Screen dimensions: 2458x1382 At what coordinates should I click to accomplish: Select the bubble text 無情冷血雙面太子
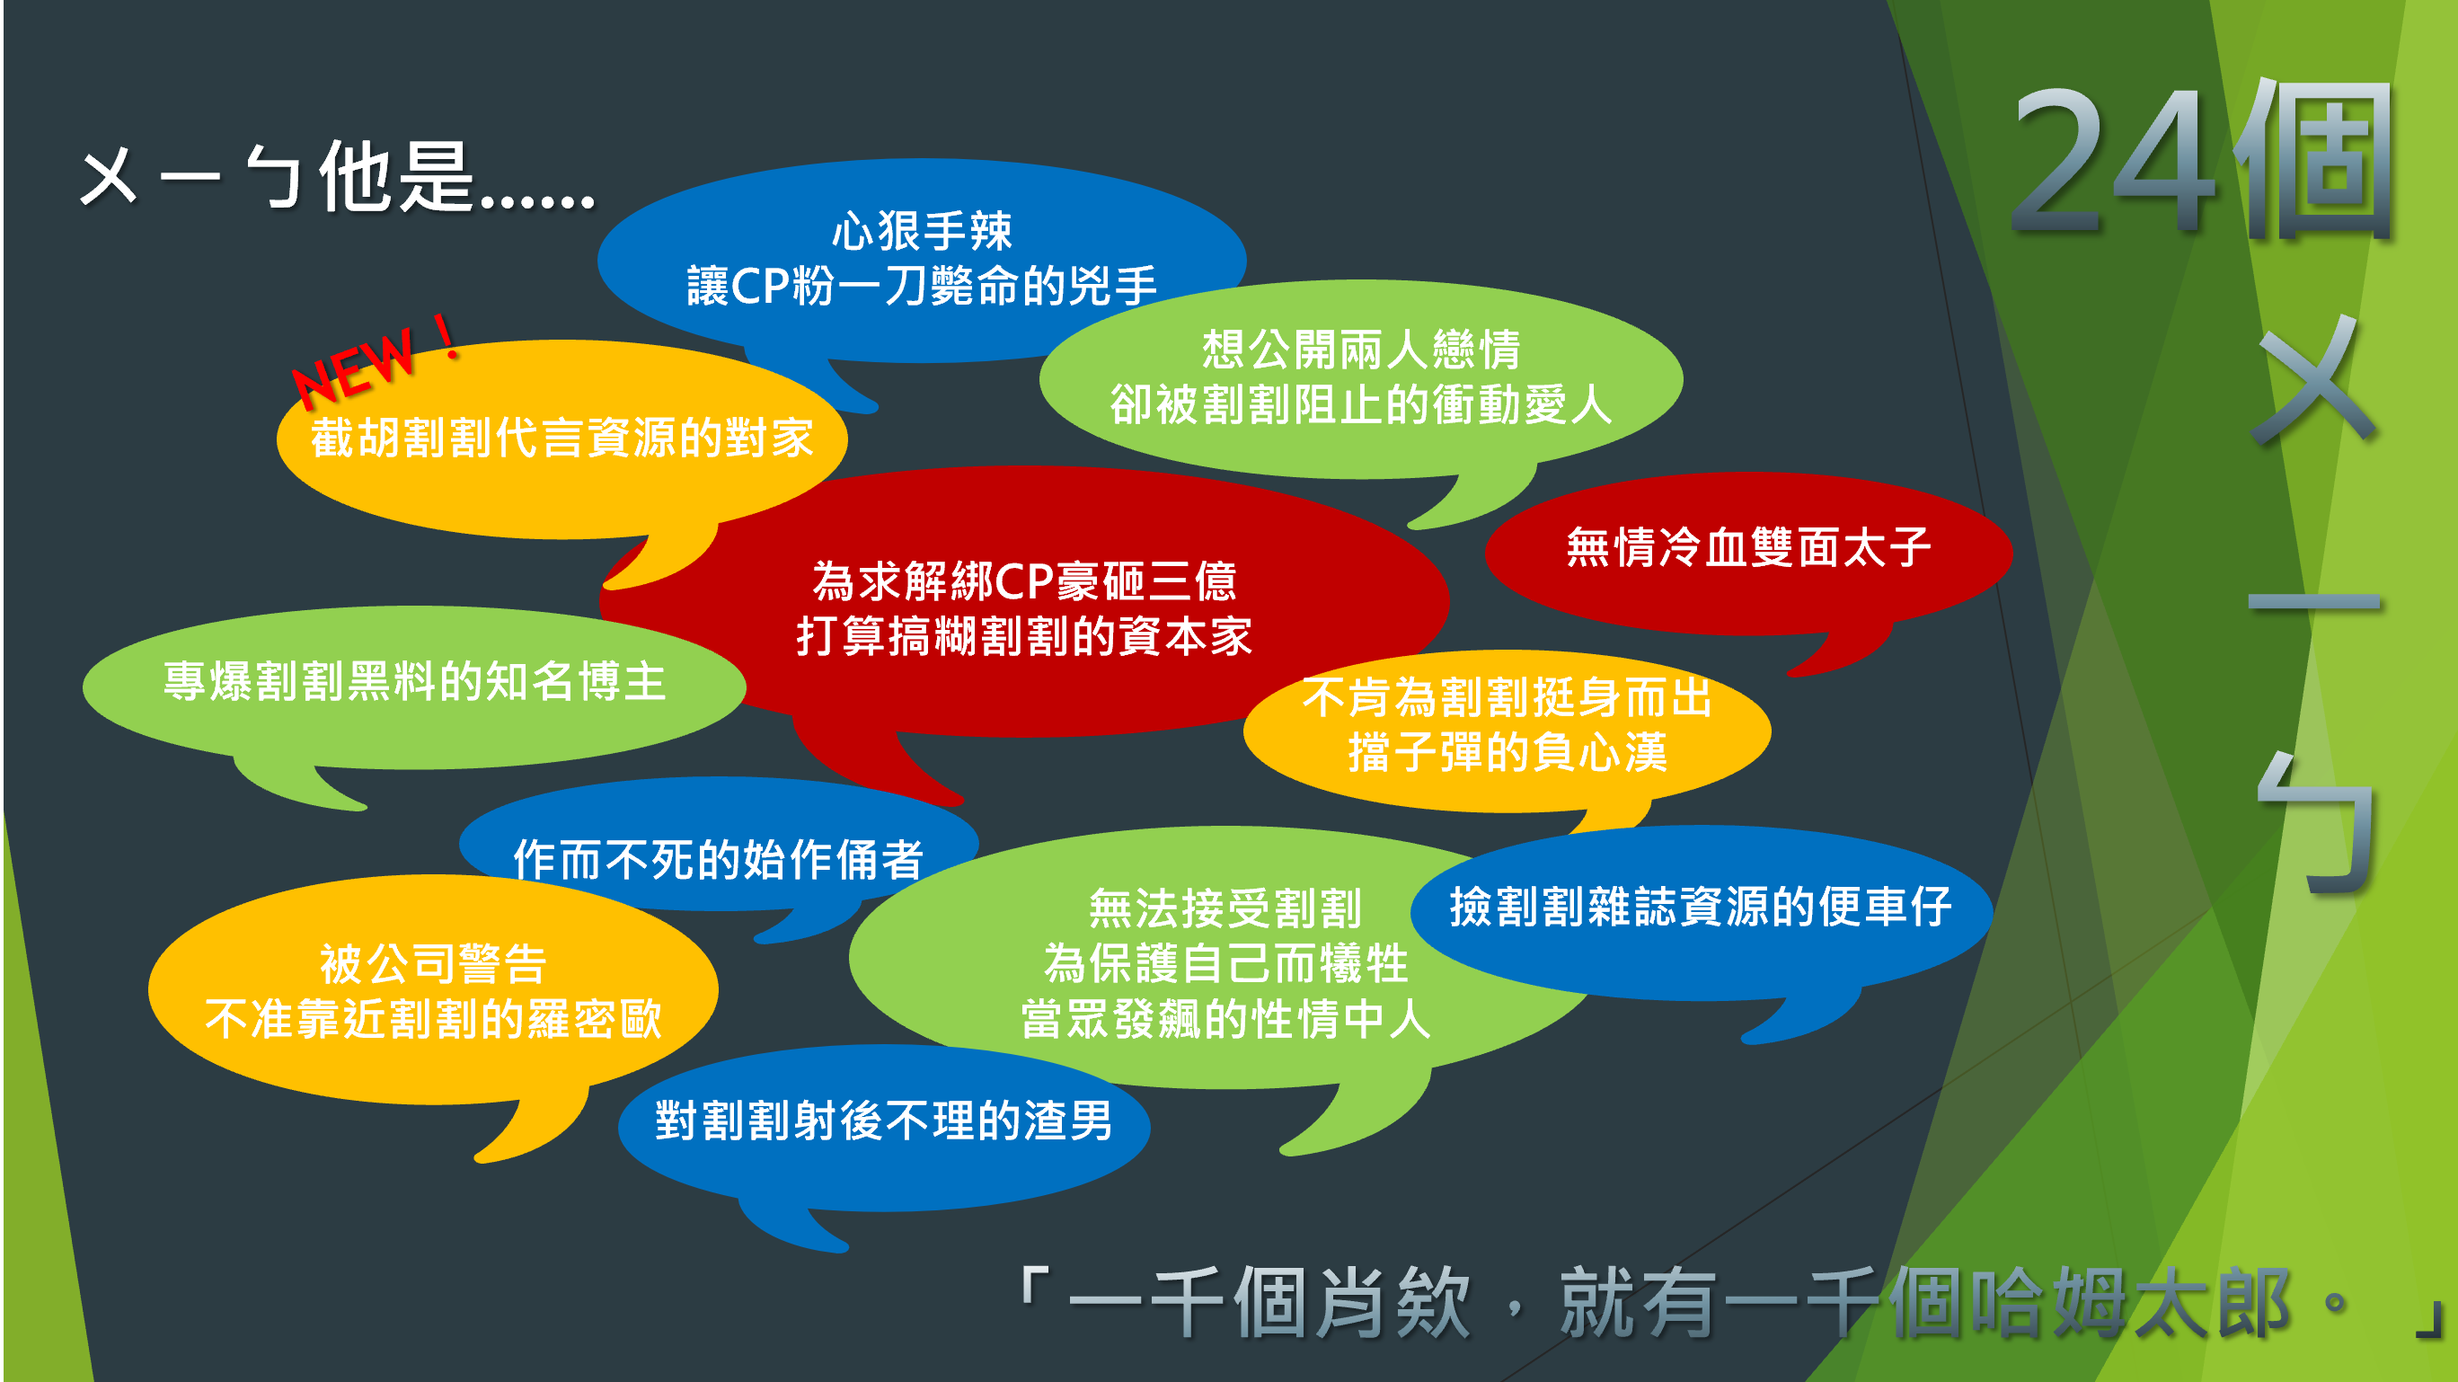1748,548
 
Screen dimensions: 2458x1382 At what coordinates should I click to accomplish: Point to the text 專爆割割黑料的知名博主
414,681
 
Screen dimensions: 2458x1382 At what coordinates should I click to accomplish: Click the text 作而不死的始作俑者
719,859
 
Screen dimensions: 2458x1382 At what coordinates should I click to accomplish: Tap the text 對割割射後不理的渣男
884,1121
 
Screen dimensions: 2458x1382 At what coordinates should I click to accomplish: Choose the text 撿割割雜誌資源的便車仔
1701,906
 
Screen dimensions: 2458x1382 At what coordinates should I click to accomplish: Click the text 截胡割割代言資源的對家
562,439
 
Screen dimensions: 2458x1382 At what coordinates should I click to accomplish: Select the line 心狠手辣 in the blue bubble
922,230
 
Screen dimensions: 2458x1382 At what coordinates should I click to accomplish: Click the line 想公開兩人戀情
1361,350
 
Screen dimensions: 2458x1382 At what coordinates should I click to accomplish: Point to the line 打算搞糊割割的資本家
1024,635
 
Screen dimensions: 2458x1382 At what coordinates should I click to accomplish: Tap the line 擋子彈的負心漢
1508,752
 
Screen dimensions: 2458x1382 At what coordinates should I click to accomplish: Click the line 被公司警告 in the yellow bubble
433,964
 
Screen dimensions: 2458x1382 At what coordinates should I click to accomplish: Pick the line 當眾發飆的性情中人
1225,1018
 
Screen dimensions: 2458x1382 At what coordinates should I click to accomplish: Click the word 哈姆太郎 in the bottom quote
2129,1302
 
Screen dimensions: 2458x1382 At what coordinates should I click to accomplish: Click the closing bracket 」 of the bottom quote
2429,1317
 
